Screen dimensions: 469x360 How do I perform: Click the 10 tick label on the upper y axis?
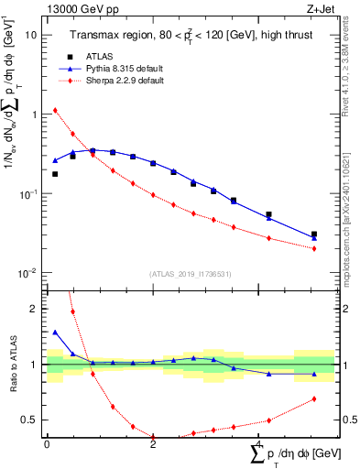click(x=31, y=35)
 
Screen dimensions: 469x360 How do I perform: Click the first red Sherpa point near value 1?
click(x=55, y=111)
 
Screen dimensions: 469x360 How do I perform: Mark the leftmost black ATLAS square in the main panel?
click(x=55, y=174)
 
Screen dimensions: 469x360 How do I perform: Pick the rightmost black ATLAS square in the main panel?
click(x=314, y=234)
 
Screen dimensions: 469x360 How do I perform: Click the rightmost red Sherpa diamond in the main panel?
click(x=314, y=248)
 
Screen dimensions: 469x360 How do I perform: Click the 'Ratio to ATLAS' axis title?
click(x=12, y=365)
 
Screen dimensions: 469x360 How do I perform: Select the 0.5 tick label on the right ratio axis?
click(x=349, y=420)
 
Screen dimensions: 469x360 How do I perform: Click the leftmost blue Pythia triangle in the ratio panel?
click(x=55, y=333)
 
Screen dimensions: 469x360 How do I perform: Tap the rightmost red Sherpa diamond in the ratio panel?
click(x=314, y=398)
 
